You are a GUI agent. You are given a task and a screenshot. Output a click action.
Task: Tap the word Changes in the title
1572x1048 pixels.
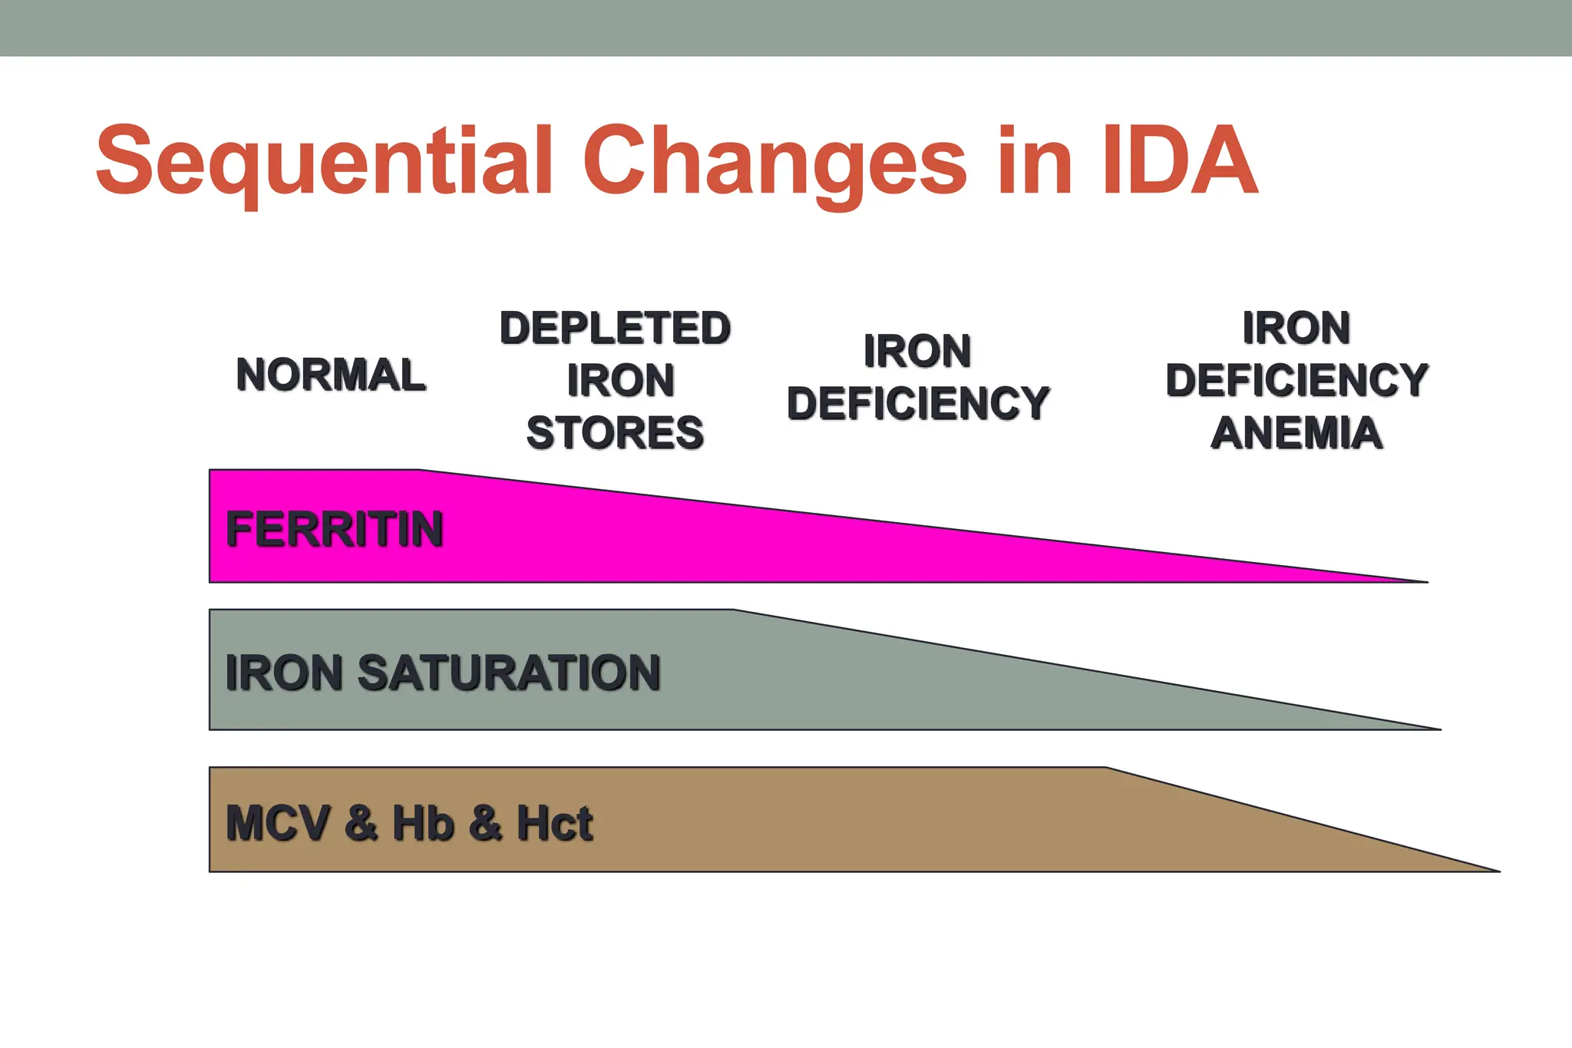click(x=774, y=163)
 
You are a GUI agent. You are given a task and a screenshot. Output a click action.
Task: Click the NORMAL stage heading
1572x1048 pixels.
click(x=331, y=375)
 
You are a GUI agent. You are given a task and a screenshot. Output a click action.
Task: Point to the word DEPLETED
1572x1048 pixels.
click(x=615, y=328)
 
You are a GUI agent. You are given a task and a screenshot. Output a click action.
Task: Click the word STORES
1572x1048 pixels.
click(x=615, y=432)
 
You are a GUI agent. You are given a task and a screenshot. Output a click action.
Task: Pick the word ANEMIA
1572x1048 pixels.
click(x=1296, y=432)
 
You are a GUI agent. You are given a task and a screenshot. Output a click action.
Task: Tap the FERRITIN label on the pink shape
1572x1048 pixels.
click(x=335, y=529)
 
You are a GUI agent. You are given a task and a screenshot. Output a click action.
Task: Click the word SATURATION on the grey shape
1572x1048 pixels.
click(x=508, y=673)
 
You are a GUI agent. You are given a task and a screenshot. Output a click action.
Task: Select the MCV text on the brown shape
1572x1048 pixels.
click(x=279, y=823)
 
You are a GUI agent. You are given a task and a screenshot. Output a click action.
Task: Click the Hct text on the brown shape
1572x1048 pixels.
click(x=554, y=823)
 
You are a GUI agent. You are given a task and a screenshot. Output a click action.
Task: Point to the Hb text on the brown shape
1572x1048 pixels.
click(x=423, y=823)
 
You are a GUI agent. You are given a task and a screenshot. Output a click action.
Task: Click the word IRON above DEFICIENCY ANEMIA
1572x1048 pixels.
click(x=1296, y=328)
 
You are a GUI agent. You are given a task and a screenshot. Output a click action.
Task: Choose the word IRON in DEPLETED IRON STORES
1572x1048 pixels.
click(x=620, y=380)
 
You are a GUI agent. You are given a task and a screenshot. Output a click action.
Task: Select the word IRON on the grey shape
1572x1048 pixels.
click(x=283, y=673)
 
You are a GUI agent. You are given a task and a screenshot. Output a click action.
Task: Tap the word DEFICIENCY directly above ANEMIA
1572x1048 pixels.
click(x=1296, y=380)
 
